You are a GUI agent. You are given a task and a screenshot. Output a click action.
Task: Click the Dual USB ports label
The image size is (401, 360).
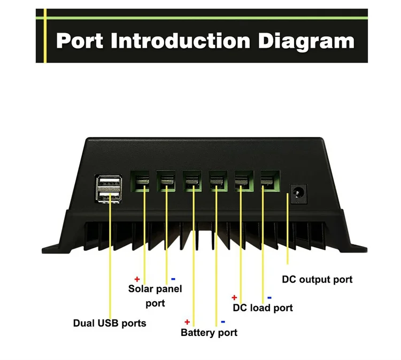click(x=109, y=323)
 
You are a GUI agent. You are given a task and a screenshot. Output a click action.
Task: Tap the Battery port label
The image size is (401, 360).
click(x=209, y=333)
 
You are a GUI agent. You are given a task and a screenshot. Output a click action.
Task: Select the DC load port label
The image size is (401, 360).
click(x=263, y=308)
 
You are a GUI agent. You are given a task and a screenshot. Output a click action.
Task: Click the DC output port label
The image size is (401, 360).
click(x=317, y=279)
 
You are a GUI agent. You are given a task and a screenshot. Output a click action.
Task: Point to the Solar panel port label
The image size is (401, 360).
click(x=155, y=296)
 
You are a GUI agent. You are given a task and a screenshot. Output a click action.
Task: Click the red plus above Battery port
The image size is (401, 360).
click(x=187, y=322)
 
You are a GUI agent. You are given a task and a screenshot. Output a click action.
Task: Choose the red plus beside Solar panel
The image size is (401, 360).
click(x=137, y=279)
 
